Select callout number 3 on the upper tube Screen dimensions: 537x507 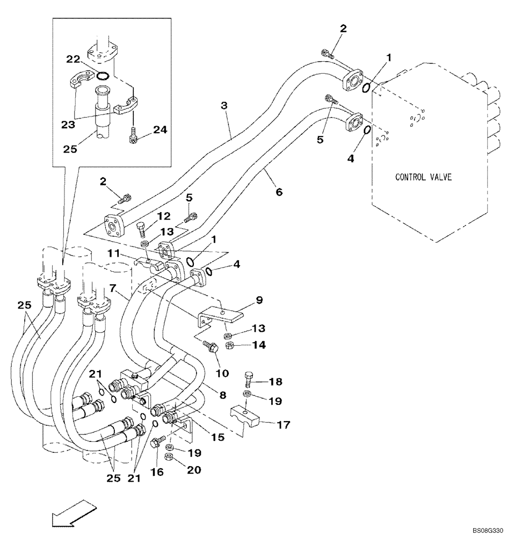(x=224, y=106)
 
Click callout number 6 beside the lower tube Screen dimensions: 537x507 (x=279, y=191)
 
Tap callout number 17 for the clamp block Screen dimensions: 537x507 (x=284, y=425)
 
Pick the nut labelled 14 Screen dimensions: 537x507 (x=227, y=345)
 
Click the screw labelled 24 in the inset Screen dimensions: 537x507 (x=134, y=136)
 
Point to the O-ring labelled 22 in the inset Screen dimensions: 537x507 (x=104, y=75)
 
